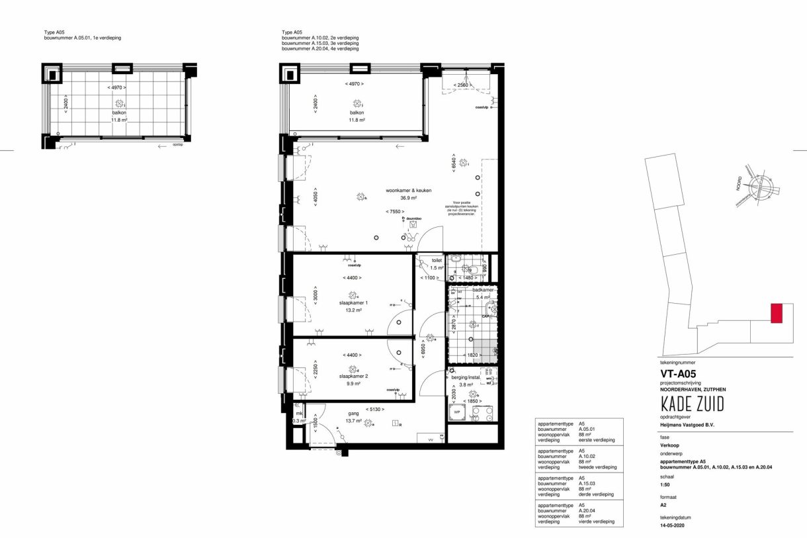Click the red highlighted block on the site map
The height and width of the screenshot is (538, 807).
777,313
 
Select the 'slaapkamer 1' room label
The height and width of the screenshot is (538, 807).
353,302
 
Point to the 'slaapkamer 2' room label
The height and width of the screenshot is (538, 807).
353,376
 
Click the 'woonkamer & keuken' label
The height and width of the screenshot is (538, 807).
408,191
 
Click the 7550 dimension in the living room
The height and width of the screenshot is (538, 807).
396,212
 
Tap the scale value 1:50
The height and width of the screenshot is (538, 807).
665,486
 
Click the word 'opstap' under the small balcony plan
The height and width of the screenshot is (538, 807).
177,145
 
